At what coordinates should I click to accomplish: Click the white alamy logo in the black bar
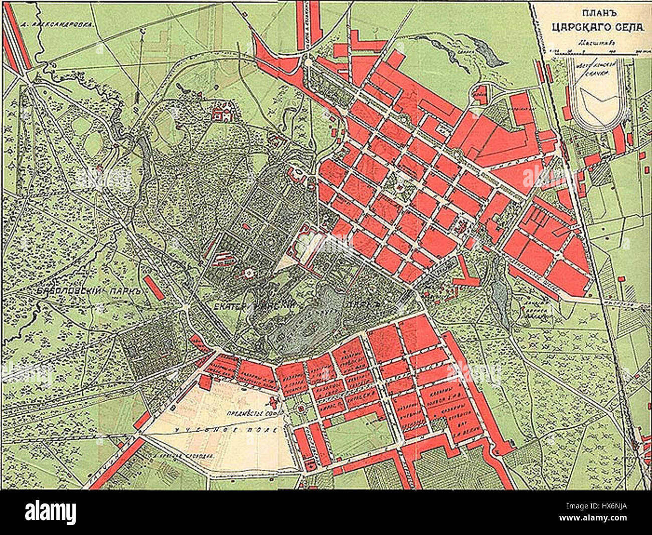click(x=50, y=512)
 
